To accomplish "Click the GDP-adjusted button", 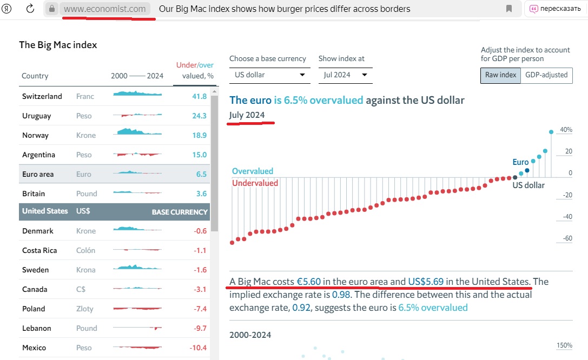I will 546,75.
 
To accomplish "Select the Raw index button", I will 500,75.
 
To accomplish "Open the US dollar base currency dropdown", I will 269,75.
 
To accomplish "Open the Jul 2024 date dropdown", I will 345,75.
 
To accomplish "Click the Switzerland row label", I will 42,96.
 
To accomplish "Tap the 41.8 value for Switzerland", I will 199,96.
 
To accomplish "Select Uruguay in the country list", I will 37,116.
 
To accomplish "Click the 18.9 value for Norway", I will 199,135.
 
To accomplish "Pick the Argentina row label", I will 38,155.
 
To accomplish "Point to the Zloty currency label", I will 85,309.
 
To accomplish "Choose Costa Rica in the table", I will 39,250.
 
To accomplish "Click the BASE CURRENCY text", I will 180,212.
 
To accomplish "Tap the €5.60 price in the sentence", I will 308,282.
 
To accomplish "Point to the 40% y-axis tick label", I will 566,130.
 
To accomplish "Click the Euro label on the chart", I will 520,162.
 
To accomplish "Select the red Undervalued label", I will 255,183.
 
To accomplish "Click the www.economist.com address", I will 104,9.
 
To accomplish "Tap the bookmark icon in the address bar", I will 509,9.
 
